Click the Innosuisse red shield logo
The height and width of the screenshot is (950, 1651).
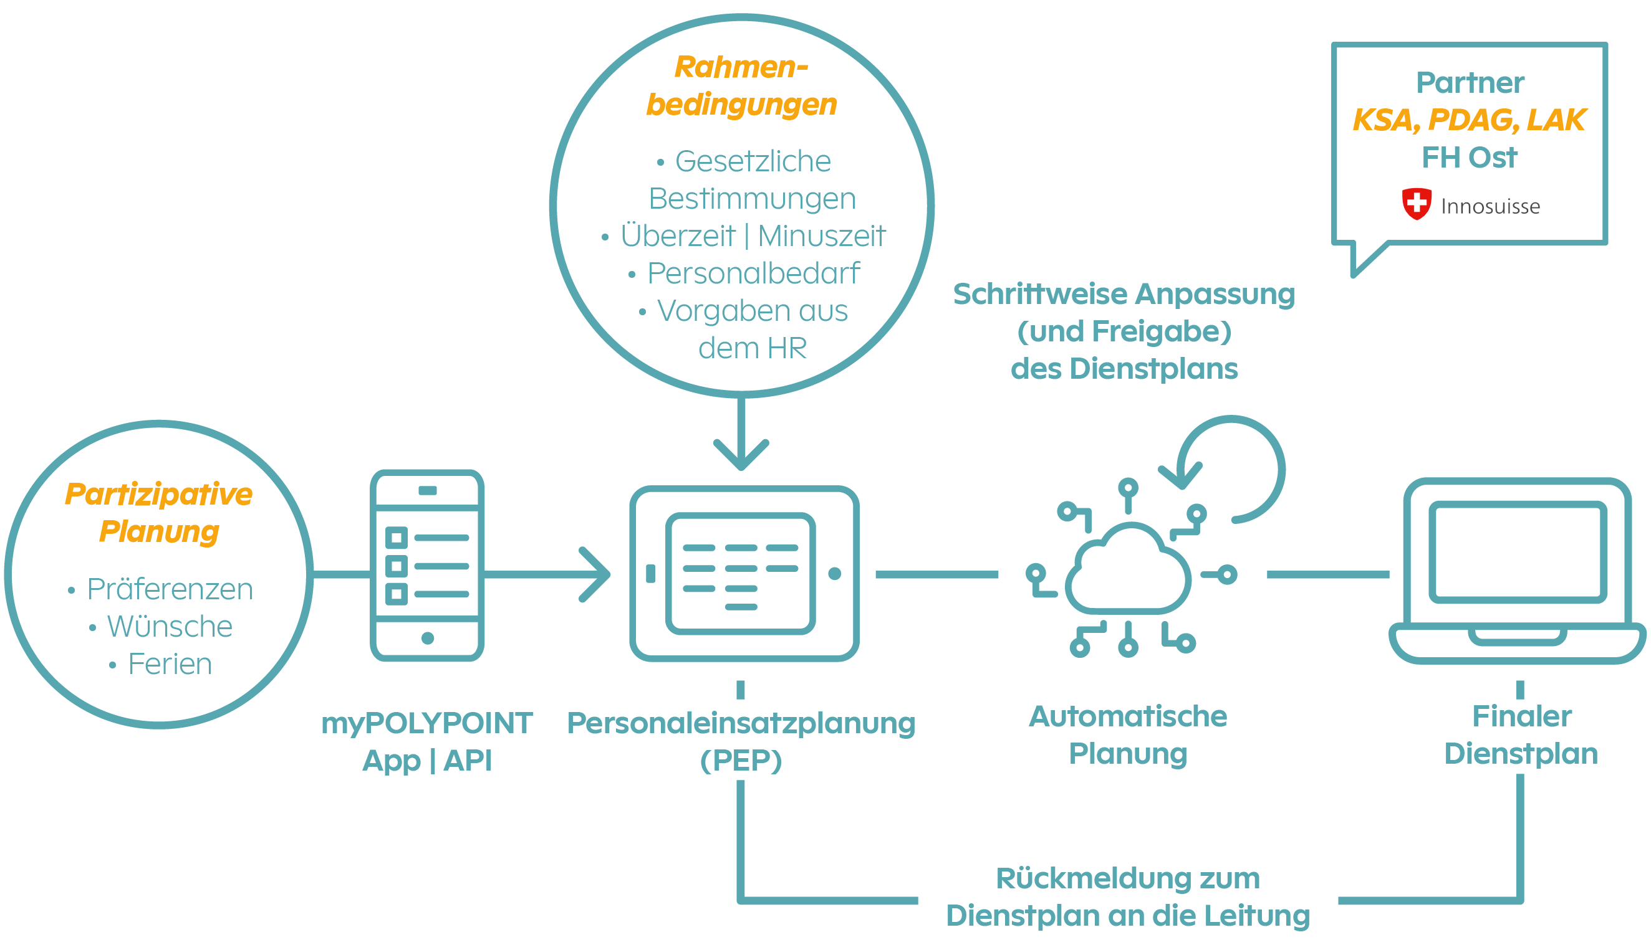click(1416, 204)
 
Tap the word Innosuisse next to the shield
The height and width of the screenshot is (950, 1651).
click(1490, 206)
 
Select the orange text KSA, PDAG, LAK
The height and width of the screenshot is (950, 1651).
click(1469, 120)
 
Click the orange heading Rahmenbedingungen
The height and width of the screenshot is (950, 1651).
click(741, 85)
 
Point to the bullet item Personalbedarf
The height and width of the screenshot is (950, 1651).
click(753, 273)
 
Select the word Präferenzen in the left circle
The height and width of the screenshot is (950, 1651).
click(170, 589)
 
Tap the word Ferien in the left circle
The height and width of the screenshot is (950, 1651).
click(170, 664)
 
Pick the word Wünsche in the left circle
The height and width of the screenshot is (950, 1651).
click(170, 626)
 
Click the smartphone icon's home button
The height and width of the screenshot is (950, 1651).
click(428, 638)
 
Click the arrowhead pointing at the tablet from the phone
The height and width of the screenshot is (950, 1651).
click(597, 574)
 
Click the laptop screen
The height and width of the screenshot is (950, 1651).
click(1517, 551)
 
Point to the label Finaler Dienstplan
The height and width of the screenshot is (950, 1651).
click(1521, 734)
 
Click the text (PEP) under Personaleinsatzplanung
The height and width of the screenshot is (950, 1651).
click(740, 761)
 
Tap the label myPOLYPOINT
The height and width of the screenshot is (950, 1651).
click(427, 723)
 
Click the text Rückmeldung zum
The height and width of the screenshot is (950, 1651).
click(1127, 878)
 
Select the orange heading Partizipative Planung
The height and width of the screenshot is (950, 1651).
click(158, 512)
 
